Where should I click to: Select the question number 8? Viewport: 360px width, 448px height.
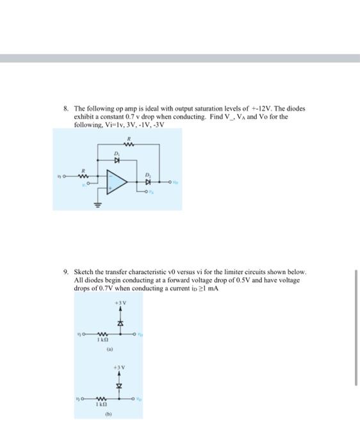click(67, 109)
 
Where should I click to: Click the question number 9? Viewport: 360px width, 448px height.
click(67, 272)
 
